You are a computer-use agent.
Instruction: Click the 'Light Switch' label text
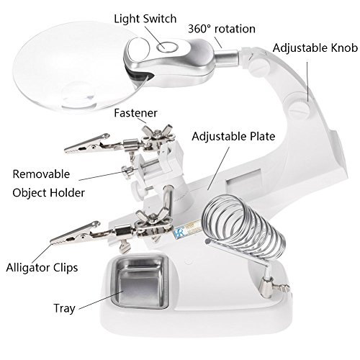tap(145, 19)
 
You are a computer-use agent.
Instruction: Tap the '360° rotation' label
tap(222, 29)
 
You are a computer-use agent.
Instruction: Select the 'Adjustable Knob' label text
tap(315, 48)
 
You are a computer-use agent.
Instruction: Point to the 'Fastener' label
tap(135, 113)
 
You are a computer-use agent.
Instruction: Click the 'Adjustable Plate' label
tap(233, 137)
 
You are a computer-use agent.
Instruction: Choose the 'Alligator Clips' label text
tap(42, 268)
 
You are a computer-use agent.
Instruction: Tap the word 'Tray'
tap(64, 308)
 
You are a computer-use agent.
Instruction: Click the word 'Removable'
tap(41, 174)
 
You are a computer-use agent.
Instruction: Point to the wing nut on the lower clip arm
tap(153, 218)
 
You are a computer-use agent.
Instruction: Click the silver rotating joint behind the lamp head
tap(227, 59)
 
